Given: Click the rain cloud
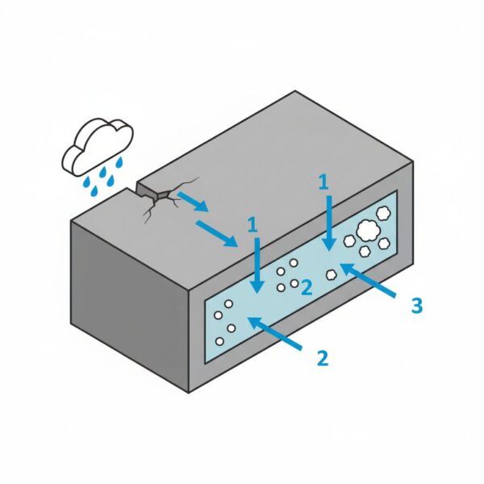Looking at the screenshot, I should [98, 143].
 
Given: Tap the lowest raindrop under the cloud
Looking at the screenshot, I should [92, 191].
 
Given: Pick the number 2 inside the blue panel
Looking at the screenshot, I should [306, 287].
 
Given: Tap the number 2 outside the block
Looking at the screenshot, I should [322, 357].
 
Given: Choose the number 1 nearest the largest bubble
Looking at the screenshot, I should [324, 183].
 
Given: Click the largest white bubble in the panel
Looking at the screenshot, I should [369, 230].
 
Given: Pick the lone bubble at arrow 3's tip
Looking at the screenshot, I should [331, 274].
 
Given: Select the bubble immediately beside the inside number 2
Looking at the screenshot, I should [294, 283].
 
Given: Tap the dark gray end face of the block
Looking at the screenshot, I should [129, 298].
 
